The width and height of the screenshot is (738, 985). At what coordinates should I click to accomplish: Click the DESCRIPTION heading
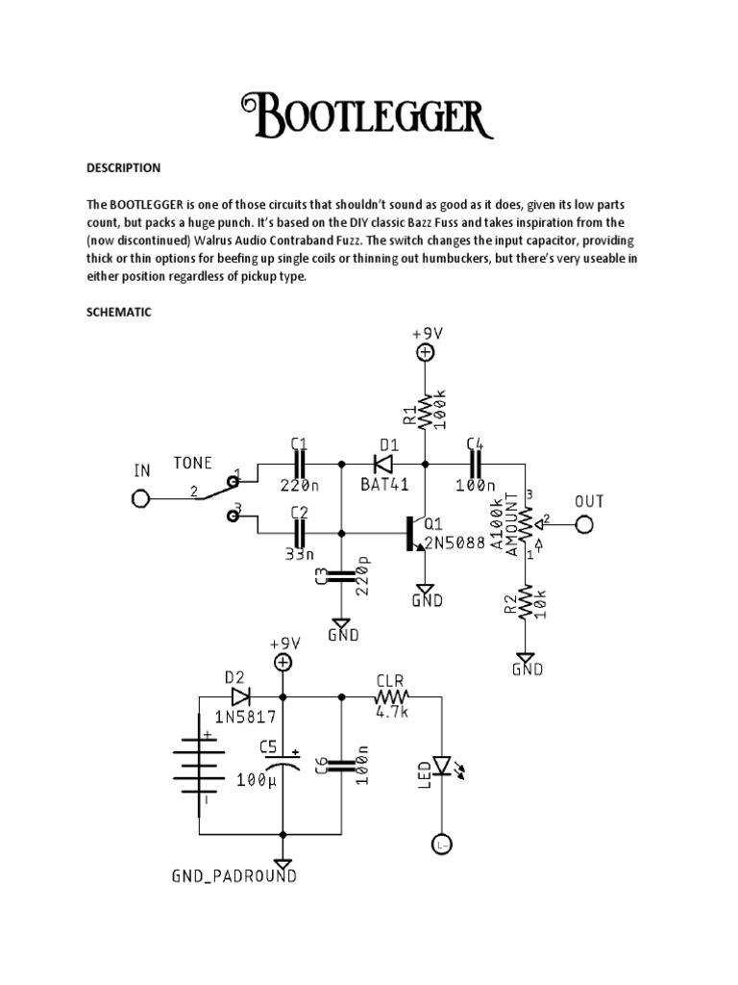[x=124, y=168]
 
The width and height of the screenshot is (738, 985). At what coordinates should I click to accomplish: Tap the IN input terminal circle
[x=140, y=498]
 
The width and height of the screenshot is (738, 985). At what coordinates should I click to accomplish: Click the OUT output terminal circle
[x=583, y=524]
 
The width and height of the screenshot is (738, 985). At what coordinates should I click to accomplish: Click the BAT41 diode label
[x=385, y=486]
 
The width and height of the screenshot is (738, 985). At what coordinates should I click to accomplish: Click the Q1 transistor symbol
[x=415, y=532]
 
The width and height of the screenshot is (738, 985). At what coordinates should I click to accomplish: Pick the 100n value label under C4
[x=477, y=486]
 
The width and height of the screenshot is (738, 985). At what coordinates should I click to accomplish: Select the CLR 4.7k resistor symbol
[x=392, y=696]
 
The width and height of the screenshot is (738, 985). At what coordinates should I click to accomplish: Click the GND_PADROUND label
[x=234, y=876]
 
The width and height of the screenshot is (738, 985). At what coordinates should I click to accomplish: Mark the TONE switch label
[x=192, y=462]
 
